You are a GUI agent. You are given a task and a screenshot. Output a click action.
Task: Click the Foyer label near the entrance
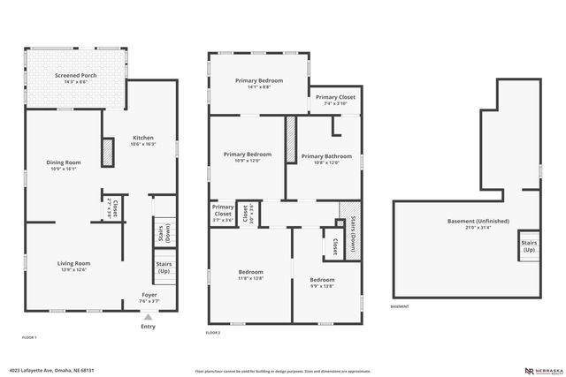(149, 298)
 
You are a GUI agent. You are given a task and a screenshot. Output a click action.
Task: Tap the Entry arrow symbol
(149, 315)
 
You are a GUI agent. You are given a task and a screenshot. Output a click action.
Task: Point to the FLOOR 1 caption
(29, 338)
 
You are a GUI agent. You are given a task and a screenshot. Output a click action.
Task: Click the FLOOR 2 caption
(213, 332)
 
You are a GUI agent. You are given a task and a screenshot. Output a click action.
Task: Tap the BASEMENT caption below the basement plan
(400, 307)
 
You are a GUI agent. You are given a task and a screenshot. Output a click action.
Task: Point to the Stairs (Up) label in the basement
(529, 245)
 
